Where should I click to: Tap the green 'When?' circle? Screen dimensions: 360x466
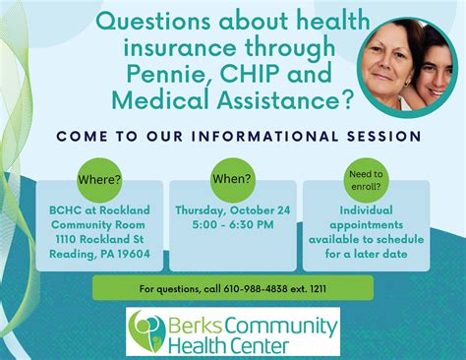point(232,178)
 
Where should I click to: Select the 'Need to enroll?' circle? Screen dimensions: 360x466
point(366,180)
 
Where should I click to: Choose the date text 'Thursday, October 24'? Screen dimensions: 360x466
point(232,210)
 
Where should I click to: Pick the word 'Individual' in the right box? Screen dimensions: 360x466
point(366,210)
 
